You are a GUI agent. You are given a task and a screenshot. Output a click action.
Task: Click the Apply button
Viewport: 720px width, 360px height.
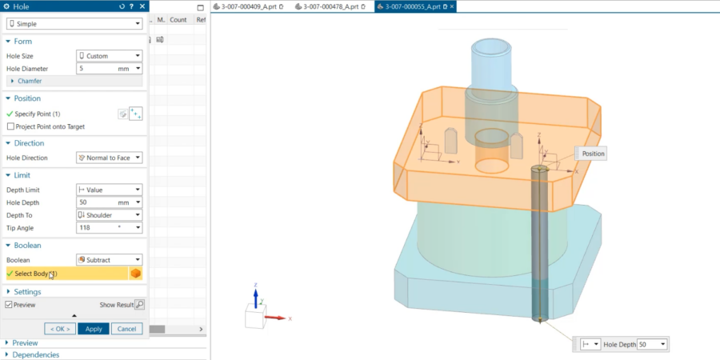(x=93, y=329)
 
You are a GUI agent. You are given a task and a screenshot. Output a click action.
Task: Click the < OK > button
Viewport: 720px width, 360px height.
(x=60, y=329)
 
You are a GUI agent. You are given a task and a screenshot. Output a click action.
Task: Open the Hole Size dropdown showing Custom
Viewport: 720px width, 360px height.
(x=110, y=56)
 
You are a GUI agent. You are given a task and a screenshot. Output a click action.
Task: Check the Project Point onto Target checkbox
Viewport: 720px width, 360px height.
(x=10, y=126)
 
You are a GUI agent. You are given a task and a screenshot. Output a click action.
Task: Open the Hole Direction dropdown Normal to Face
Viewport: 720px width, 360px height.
(x=110, y=158)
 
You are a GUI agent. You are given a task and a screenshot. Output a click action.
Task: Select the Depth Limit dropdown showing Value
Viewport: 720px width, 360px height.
(x=110, y=190)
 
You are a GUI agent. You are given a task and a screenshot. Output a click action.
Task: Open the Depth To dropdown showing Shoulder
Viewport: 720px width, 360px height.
(x=110, y=215)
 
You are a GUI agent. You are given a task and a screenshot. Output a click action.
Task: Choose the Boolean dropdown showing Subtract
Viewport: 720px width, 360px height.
(x=110, y=260)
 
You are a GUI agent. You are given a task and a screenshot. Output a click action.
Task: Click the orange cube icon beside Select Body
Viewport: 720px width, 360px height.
(x=136, y=274)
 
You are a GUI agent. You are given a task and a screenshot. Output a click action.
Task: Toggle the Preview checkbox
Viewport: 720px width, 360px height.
(x=9, y=305)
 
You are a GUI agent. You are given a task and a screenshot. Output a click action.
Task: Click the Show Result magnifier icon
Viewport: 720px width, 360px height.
(x=139, y=305)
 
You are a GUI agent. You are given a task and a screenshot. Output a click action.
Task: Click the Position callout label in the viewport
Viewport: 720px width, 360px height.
(x=593, y=154)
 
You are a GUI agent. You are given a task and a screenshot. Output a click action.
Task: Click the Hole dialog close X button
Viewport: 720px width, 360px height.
(x=142, y=6)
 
